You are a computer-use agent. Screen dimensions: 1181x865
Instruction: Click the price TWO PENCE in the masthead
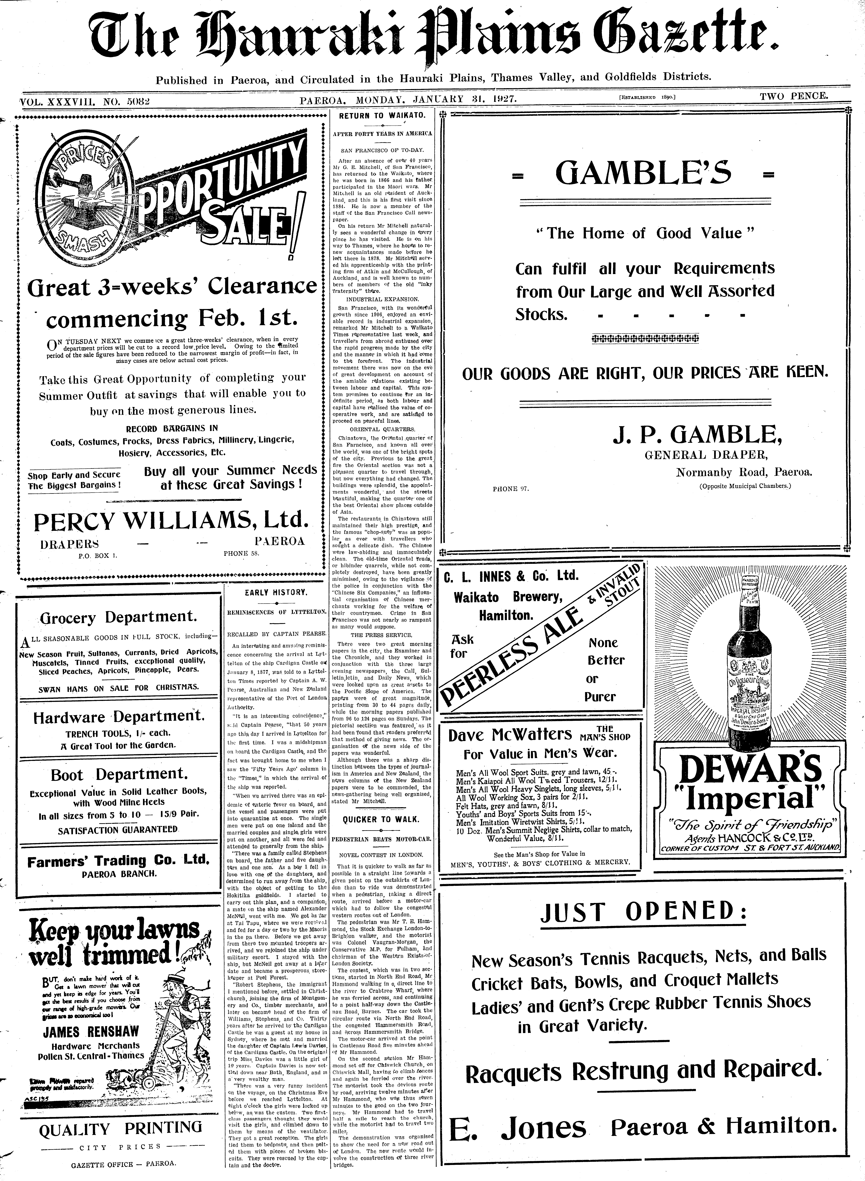click(x=794, y=96)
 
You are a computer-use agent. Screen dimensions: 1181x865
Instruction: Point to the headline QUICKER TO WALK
click(x=381, y=819)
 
